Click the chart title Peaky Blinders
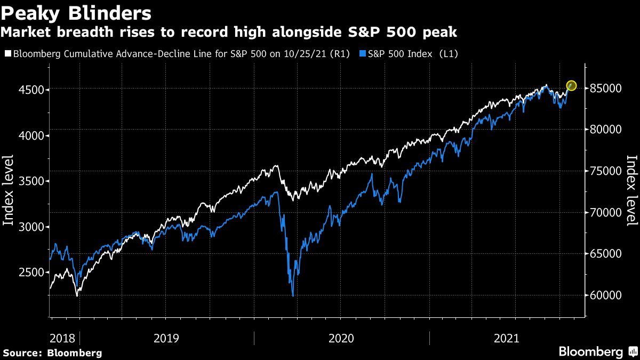click(76, 13)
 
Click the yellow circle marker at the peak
click(572, 85)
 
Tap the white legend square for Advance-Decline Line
click(7, 54)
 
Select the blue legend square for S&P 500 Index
click(363, 54)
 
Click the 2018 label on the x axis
click(62, 338)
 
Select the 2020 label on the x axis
click(342, 338)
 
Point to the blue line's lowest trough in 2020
click(293, 295)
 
